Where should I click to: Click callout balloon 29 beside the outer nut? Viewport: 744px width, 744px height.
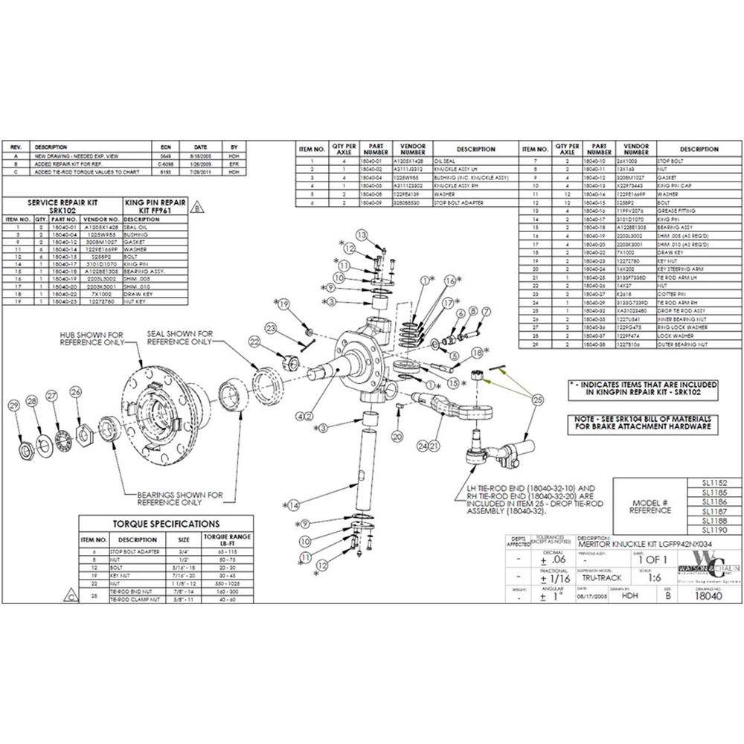pyautogui.click(x=13, y=405)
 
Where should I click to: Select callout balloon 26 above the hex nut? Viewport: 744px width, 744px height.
pyautogui.click(x=75, y=392)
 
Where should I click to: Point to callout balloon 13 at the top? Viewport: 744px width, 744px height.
pyautogui.click(x=362, y=235)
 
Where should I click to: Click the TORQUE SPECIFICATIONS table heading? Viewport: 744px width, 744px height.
pyautogui.click(x=165, y=524)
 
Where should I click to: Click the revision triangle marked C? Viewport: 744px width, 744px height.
pyautogui.click(x=69, y=595)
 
